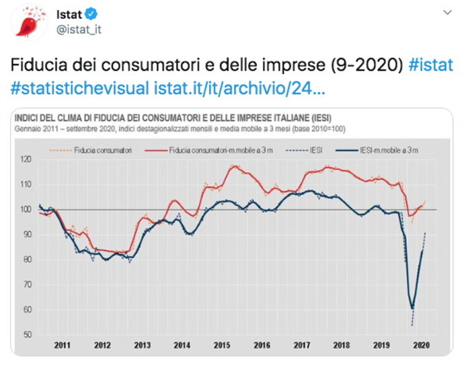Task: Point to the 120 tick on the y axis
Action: coord(25,159)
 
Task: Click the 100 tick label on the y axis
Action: coord(25,210)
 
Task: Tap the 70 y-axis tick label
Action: coord(26,285)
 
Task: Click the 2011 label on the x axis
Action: coord(62,346)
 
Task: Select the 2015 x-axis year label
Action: coord(222,346)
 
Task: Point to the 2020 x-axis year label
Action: coord(421,346)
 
